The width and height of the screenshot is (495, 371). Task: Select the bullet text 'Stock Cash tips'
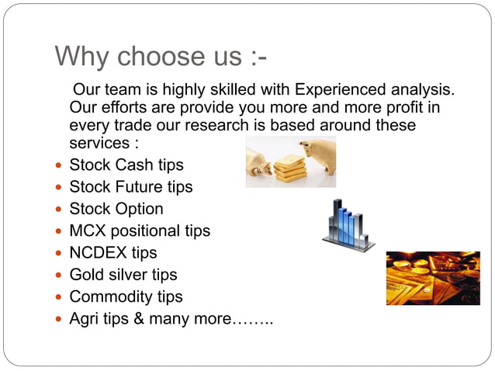pyautogui.click(x=126, y=165)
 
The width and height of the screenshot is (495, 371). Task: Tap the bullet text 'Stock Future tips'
pyautogui.click(x=131, y=187)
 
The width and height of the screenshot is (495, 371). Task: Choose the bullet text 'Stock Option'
pyautogui.click(x=116, y=209)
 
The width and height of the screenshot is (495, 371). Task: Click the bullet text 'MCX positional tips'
pyautogui.click(x=140, y=231)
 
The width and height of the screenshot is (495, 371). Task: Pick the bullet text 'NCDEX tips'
pyautogui.click(x=113, y=252)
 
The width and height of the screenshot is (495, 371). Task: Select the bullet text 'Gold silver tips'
pyautogui.click(x=123, y=274)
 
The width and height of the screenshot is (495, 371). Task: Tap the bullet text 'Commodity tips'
pyautogui.click(x=126, y=296)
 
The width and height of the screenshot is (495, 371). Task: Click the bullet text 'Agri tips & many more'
pyautogui.click(x=152, y=318)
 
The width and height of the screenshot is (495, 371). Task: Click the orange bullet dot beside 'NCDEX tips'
pyautogui.click(x=59, y=253)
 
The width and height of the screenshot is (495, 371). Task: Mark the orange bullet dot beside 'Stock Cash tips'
pyautogui.click(x=59, y=166)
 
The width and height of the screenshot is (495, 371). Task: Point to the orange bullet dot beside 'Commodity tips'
pyautogui.click(x=59, y=296)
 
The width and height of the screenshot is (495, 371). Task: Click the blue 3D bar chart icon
pyautogui.click(x=347, y=224)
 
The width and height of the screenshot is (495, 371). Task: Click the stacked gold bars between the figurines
pyautogui.click(x=289, y=168)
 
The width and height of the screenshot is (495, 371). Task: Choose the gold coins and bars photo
pyautogui.click(x=432, y=278)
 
